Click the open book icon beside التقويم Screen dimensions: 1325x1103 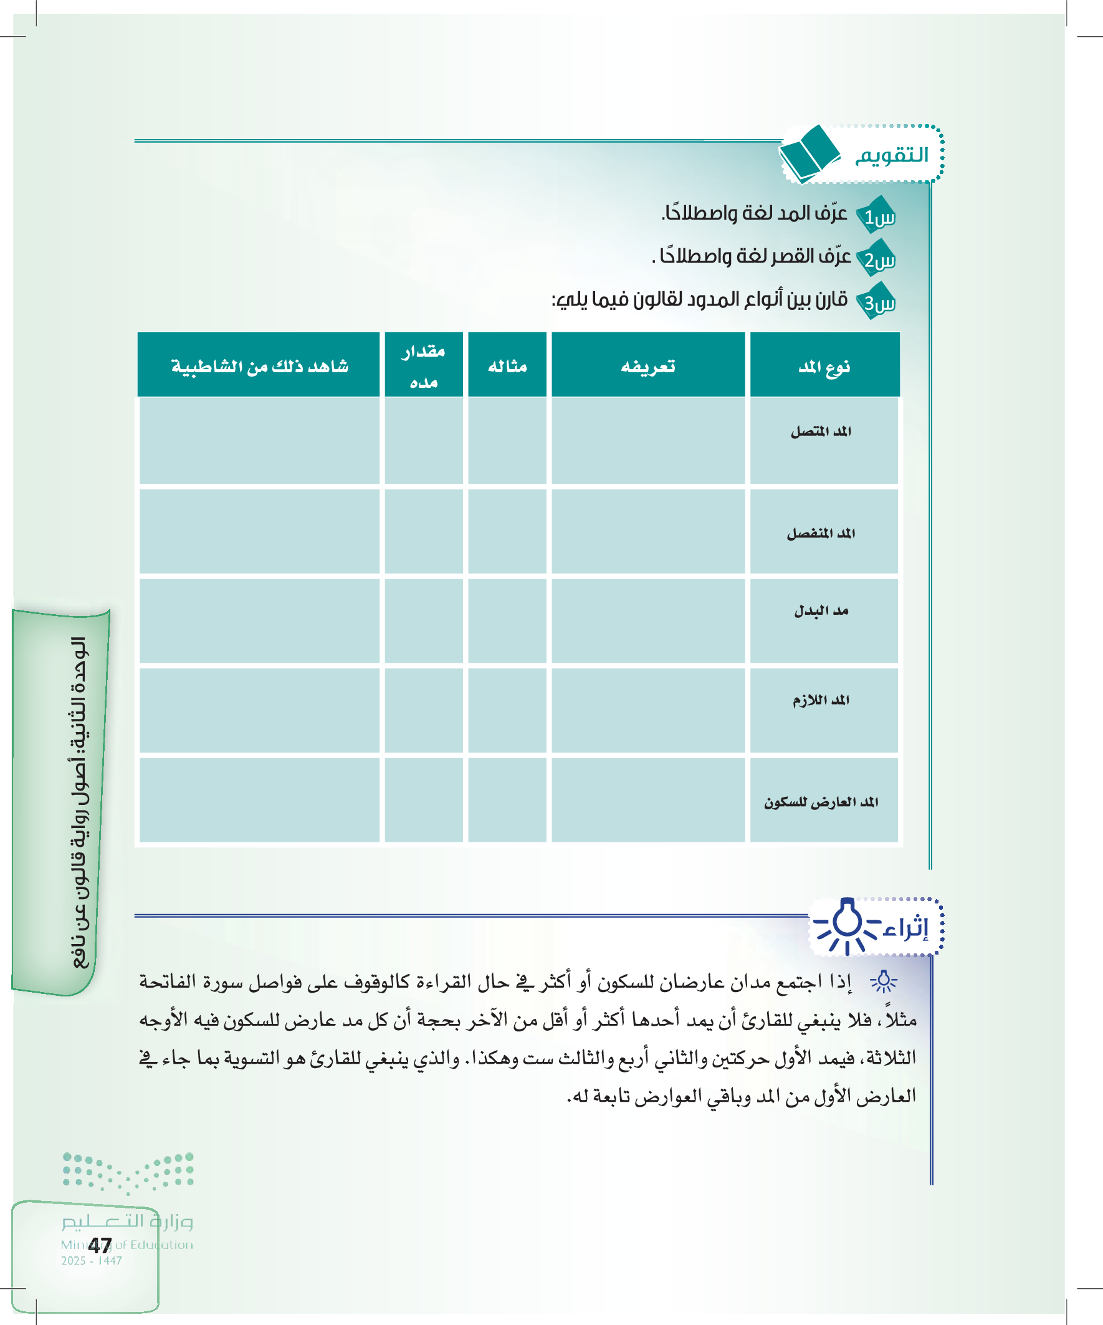pos(809,154)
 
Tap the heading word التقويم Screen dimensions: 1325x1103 pos(892,155)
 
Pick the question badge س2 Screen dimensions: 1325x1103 pos(877,259)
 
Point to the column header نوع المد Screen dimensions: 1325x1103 pos(824,367)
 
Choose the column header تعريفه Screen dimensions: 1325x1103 pos(647,367)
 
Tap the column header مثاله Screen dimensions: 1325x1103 pos(507,367)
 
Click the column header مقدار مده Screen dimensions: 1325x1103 pos(423,367)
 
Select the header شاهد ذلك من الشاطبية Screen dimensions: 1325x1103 pos(259,367)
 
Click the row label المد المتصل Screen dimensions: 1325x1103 pos(821,431)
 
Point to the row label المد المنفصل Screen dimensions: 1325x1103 pos(821,534)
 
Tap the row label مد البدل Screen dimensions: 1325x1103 pos(821,611)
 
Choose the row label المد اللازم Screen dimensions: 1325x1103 pos(821,700)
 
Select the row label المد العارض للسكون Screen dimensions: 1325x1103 pos(821,802)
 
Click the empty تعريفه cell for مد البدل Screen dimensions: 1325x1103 pos(647,622)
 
